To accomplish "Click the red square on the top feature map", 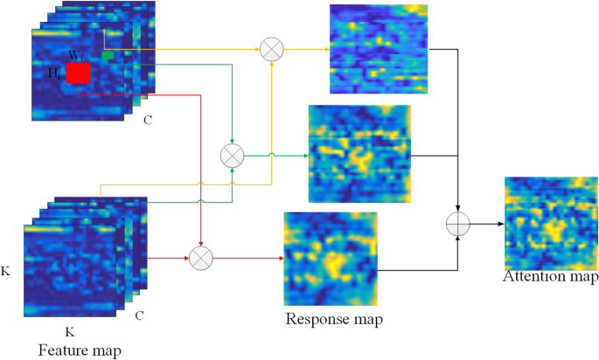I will [x=78, y=73].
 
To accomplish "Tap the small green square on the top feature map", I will [x=108, y=56].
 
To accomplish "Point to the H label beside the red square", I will [x=54, y=73].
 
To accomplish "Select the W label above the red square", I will [x=76, y=55].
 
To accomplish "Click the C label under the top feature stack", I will [x=148, y=120].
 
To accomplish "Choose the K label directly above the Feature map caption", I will [x=70, y=333].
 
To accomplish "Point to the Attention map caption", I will [x=550, y=278].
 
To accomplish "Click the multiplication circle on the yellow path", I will [x=272, y=50].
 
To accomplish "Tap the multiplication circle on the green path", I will [x=232, y=156].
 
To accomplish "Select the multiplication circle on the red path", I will [x=202, y=258].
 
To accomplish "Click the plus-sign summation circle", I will [x=458, y=223].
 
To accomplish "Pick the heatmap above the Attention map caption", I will [x=550, y=222].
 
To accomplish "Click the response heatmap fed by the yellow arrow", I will [x=378, y=48].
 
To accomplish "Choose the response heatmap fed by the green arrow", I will [x=359, y=154].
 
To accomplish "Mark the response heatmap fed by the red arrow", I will [x=331, y=258].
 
